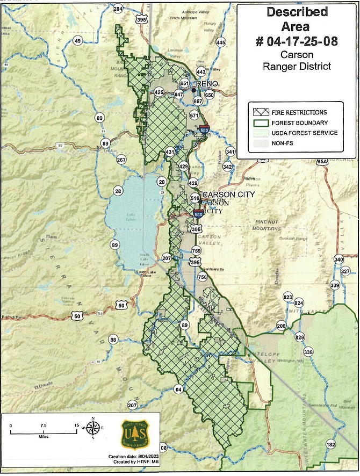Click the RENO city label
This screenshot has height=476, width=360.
pos(207,84)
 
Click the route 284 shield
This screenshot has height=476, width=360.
pos(118,9)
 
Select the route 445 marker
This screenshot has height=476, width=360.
pos(220,42)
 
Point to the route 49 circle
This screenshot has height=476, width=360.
pos(77,41)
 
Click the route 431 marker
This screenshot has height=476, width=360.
pos(170,152)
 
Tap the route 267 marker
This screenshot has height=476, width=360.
pos(121,160)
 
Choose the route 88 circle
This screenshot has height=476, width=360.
pos(113,340)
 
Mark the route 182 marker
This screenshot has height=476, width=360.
pos(330,444)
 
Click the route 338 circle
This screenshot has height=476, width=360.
pos(308,352)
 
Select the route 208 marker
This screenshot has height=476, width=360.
pos(281,326)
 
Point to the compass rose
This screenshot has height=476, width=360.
pos(93,429)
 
